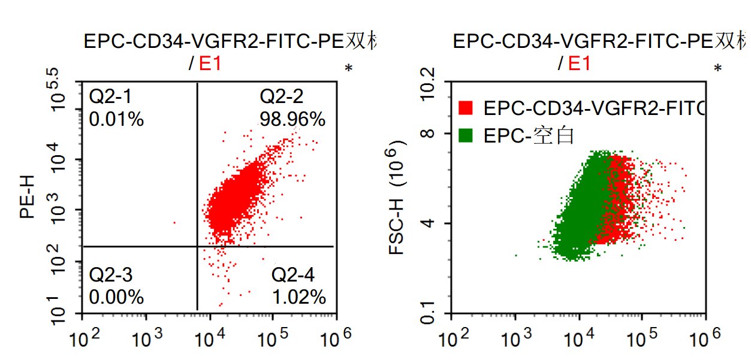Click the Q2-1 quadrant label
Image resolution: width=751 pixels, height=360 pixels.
point(110,96)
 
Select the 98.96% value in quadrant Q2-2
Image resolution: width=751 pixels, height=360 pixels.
point(292,119)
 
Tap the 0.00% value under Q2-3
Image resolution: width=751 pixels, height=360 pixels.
point(116,297)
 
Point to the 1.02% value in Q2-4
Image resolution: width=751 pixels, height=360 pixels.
point(298,297)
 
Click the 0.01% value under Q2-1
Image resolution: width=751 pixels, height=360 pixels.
point(116,119)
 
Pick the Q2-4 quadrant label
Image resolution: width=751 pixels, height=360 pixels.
point(292,275)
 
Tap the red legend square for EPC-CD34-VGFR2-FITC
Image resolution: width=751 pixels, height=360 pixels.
point(466,108)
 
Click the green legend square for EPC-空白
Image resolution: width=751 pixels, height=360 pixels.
point(466,136)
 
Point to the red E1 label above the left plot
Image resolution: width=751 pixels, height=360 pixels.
point(210,63)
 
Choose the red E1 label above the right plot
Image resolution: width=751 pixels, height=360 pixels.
point(579,63)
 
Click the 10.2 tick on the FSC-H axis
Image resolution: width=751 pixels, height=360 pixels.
point(428,84)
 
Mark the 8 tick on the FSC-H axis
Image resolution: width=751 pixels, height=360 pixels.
point(428,133)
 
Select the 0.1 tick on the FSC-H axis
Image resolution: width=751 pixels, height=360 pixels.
point(428,311)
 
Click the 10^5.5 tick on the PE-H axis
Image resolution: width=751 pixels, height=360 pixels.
point(58,89)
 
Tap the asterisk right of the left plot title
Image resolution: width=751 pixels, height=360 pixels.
point(348,69)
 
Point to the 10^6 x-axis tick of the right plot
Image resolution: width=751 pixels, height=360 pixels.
point(705,338)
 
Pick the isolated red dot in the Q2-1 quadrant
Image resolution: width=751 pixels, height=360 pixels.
point(174,223)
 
